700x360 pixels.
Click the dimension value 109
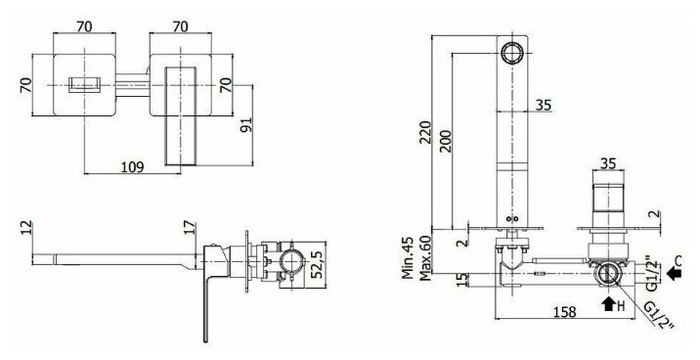tap(133, 167)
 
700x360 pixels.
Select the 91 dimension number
tap(246, 124)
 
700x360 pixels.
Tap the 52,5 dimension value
tap(318, 264)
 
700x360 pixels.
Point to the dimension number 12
tap(26, 227)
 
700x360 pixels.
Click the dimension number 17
tap(190, 227)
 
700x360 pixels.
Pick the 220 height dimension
tap(425, 132)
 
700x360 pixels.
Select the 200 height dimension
tap(446, 141)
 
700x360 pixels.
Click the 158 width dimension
tap(564, 312)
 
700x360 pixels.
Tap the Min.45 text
tap(408, 257)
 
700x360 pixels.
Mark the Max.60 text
tap(426, 257)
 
